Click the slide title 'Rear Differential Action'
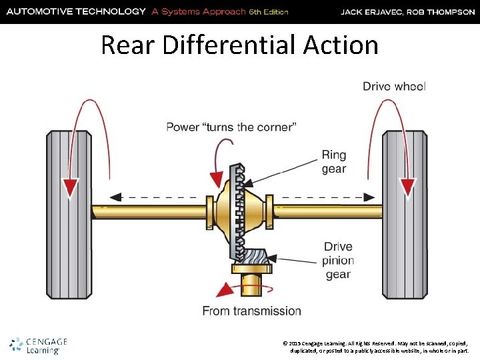239,45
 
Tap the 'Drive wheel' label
394,86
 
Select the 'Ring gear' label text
334,161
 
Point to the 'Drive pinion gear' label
338,261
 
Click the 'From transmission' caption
251,311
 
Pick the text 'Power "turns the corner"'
231,127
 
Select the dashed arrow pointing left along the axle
153,197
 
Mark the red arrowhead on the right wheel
407,187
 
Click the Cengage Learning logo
39,345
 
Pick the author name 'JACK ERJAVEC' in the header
371,12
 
